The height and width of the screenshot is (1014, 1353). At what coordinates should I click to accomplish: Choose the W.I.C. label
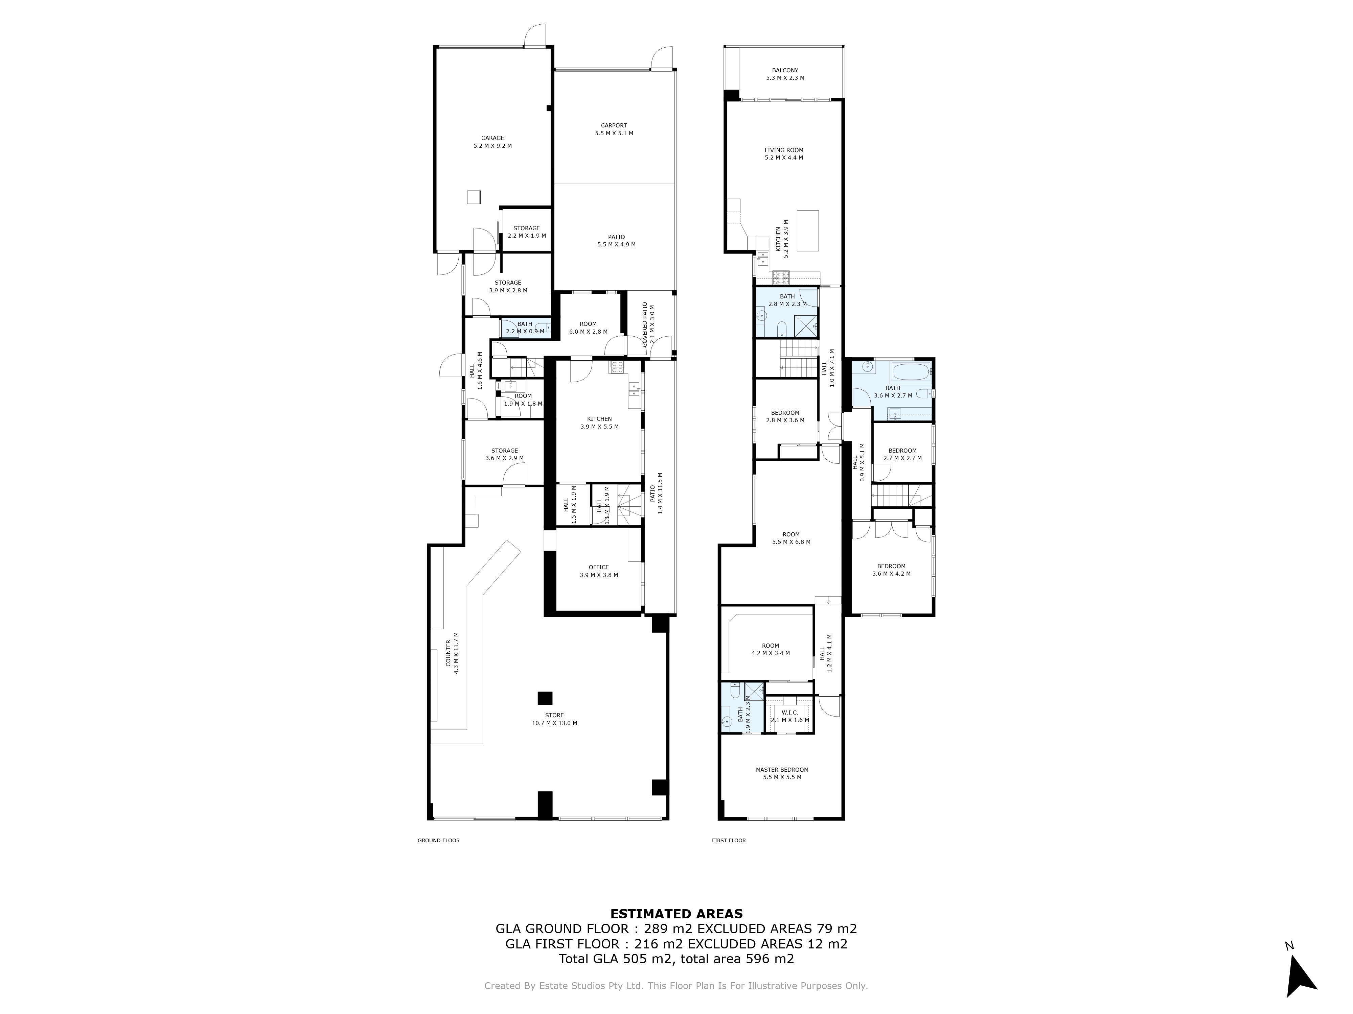click(790, 713)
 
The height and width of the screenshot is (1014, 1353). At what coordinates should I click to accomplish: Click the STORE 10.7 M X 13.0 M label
click(554, 719)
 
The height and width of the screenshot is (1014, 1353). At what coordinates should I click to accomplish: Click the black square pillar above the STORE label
click(544, 698)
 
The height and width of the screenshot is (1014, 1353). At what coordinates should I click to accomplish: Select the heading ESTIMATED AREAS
click(676, 914)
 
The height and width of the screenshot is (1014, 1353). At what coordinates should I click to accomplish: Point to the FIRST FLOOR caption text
click(729, 840)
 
